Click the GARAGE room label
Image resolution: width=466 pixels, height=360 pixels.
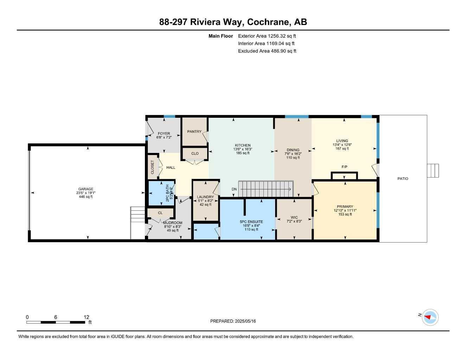point(85,189)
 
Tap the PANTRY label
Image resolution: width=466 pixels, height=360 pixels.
point(194,131)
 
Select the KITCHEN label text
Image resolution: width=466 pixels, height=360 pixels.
point(243,145)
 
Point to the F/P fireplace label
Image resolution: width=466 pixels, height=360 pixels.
point(344,167)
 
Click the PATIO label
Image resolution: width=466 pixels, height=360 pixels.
point(403,179)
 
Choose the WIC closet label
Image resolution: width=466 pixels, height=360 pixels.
point(294,217)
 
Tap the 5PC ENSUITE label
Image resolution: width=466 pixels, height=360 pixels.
point(251,222)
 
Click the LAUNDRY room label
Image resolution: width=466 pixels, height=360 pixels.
point(205,197)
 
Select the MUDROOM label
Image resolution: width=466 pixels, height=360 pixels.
point(172,223)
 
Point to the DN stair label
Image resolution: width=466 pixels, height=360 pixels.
point(234,189)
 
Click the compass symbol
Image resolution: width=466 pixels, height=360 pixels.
point(430,317)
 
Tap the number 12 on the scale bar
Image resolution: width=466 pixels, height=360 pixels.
point(87,317)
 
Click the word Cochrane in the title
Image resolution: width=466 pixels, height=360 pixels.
point(269,22)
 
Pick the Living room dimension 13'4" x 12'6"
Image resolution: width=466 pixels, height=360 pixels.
point(342,145)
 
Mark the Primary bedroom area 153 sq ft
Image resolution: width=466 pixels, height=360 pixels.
point(345,214)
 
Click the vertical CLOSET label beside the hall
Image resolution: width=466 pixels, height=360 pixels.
point(152,167)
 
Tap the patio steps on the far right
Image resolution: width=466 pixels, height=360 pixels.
point(433,171)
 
